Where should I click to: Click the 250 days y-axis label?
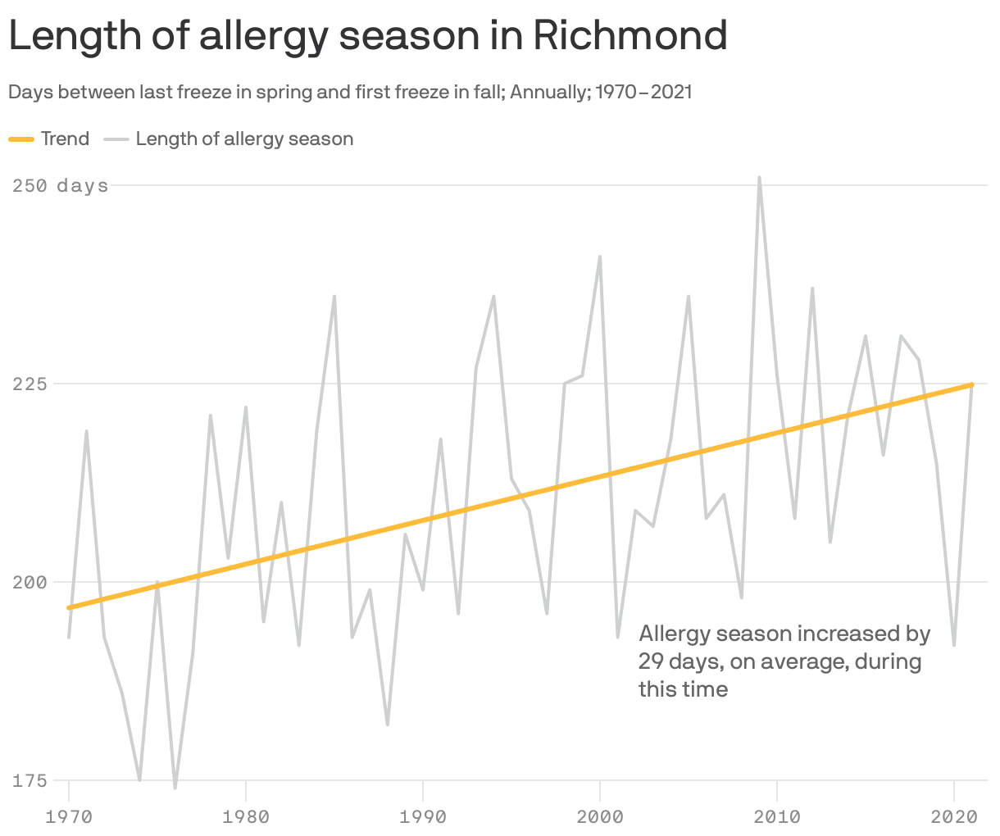(x=60, y=186)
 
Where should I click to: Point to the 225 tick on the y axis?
(x=29, y=384)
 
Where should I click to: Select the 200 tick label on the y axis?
(x=29, y=583)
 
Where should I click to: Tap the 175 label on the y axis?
(x=29, y=781)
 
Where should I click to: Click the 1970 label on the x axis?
(x=69, y=816)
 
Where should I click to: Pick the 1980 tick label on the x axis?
(x=246, y=816)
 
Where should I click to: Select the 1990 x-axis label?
(x=423, y=816)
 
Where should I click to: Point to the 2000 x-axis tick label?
(x=600, y=816)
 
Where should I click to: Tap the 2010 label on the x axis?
(x=777, y=816)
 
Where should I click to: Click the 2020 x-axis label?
(x=954, y=816)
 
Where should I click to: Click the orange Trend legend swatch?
(x=21, y=139)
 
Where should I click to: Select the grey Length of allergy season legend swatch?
(x=117, y=139)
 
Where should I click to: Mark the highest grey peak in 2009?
(x=760, y=177)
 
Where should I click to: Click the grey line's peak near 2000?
(x=600, y=257)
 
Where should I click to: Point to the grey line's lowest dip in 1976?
(x=175, y=788)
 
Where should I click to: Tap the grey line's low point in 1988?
(x=388, y=725)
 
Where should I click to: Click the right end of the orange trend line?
(x=971, y=384)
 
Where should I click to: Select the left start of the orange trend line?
(x=70, y=607)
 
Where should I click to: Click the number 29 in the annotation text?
(x=651, y=661)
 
